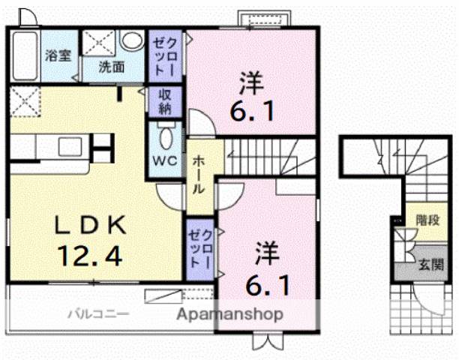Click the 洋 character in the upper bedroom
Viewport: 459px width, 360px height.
250,79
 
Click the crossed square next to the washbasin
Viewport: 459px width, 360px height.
99,42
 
